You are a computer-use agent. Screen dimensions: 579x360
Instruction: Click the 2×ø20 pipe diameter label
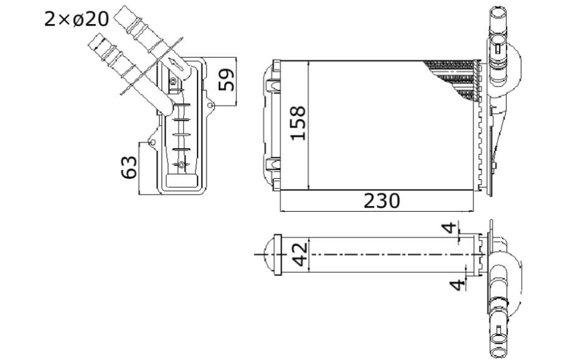(x=76, y=19)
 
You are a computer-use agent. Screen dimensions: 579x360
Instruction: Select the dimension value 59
(x=226, y=80)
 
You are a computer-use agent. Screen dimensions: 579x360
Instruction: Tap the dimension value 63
(x=129, y=167)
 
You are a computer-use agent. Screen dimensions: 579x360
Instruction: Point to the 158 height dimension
(x=298, y=123)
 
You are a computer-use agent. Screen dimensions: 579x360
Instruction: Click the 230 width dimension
(x=381, y=201)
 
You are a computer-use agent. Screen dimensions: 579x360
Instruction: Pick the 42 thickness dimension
(x=300, y=254)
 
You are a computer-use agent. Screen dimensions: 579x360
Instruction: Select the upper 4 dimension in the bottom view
(x=449, y=228)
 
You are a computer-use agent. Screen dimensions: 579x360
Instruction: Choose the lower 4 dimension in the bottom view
(x=457, y=284)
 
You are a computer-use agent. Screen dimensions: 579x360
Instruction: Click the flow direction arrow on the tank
(x=177, y=64)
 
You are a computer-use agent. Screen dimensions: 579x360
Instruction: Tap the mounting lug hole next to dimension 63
(x=151, y=142)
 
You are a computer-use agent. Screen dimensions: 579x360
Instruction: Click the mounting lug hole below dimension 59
(x=210, y=106)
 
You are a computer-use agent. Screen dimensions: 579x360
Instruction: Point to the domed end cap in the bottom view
(x=269, y=254)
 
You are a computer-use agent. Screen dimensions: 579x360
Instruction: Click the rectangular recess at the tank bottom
(x=182, y=181)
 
